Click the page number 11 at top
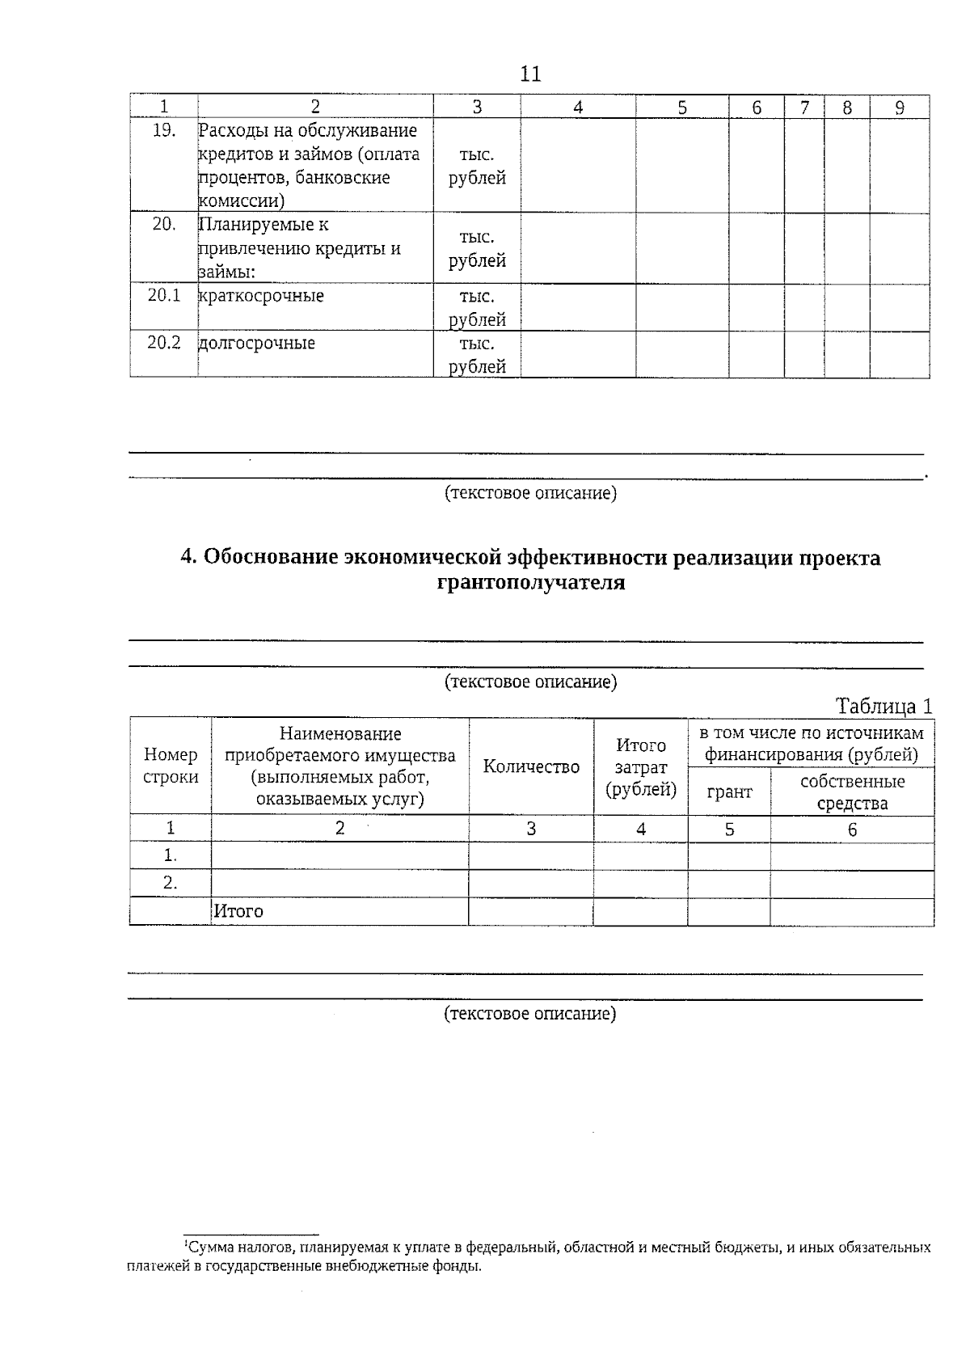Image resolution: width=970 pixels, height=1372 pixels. pyautogui.click(x=530, y=74)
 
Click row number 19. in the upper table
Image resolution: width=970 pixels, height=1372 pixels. pyautogui.click(x=164, y=130)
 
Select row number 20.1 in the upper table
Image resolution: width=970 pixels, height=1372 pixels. pyautogui.click(x=164, y=295)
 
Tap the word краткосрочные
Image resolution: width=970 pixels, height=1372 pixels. pyautogui.click(x=261, y=296)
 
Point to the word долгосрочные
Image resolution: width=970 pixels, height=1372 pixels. pyautogui.click(x=257, y=343)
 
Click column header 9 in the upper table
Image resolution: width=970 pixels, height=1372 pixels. pyautogui.click(x=900, y=108)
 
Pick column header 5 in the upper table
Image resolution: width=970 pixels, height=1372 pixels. pyautogui.click(x=682, y=108)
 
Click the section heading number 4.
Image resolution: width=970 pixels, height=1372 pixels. pyautogui.click(x=188, y=558)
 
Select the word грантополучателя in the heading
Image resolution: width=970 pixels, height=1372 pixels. pyautogui.click(x=531, y=583)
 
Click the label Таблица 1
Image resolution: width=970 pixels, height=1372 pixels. pyautogui.click(x=884, y=706)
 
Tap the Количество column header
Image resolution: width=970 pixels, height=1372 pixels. pyautogui.click(x=531, y=766)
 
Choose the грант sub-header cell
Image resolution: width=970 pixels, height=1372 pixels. pyautogui.click(x=729, y=792)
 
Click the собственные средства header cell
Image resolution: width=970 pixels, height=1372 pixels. pyautogui.click(x=852, y=792)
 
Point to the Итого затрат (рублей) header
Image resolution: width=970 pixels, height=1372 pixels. pyautogui.click(x=641, y=766)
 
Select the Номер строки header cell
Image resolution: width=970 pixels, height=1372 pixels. pyautogui.click(x=171, y=766)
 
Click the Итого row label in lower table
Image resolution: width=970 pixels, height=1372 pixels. pyautogui.click(x=238, y=911)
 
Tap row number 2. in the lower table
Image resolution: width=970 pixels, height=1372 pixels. pyautogui.click(x=170, y=883)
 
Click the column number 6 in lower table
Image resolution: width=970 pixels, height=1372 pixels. pyautogui.click(x=852, y=830)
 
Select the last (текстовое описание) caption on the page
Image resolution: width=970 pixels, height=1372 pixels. pyautogui.click(x=530, y=1014)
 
